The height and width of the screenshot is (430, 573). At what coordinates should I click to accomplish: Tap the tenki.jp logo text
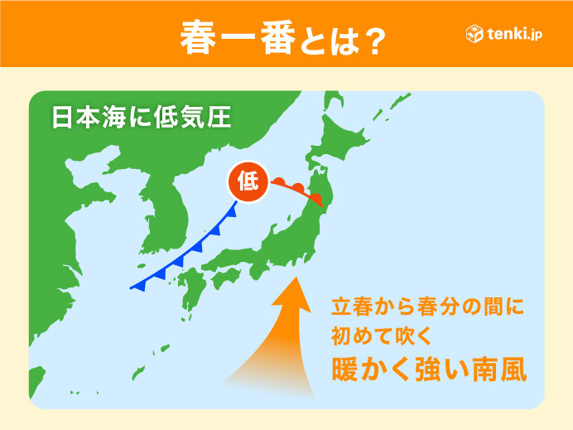point(516,36)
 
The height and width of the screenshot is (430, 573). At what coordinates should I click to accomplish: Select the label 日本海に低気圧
point(141,116)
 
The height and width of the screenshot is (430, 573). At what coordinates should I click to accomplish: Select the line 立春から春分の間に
point(427,307)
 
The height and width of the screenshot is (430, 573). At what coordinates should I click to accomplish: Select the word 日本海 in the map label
point(87,116)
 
